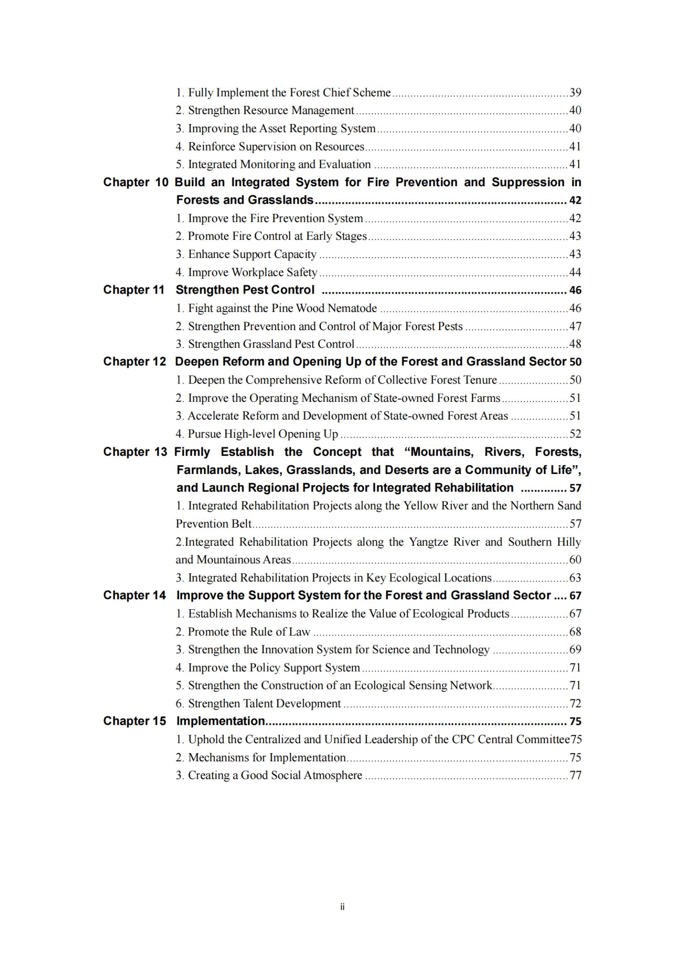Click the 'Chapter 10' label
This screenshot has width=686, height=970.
tap(136, 182)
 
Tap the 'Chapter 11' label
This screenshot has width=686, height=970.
tap(134, 290)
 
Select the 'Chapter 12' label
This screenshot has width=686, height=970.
tap(134, 362)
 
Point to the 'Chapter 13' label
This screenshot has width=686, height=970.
tap(135, 452)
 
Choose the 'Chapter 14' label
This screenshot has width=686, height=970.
tap(134, 595)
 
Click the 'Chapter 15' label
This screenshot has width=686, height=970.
tap(134, 721)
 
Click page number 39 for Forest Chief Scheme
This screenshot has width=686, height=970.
tap(575, 92)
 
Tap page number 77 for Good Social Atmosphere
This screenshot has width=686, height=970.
tap(575, 775)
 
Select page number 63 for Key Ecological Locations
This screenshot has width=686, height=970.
tap(575, 578)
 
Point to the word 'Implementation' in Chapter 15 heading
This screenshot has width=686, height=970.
tap(221, 721)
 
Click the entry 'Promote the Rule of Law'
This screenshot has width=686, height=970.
tap(243, 632)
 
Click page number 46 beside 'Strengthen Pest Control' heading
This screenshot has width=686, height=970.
tap(575, 290)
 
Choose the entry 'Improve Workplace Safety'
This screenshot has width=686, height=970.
tap(247, 272)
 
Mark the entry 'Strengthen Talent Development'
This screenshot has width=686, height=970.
tap(258, 703)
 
